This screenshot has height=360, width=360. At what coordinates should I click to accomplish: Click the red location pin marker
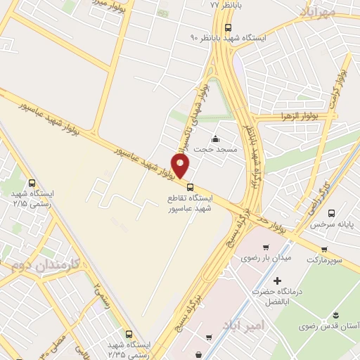181,165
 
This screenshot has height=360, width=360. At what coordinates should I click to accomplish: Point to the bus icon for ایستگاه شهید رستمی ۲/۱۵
32,183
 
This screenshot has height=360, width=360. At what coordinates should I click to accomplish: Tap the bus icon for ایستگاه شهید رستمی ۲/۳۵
128,335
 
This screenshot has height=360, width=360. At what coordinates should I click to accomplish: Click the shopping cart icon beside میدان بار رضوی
266,247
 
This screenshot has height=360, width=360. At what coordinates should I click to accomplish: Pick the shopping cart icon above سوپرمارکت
323,249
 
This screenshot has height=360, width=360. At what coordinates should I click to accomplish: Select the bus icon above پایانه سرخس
331,213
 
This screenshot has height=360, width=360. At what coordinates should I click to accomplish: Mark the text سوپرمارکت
323,260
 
